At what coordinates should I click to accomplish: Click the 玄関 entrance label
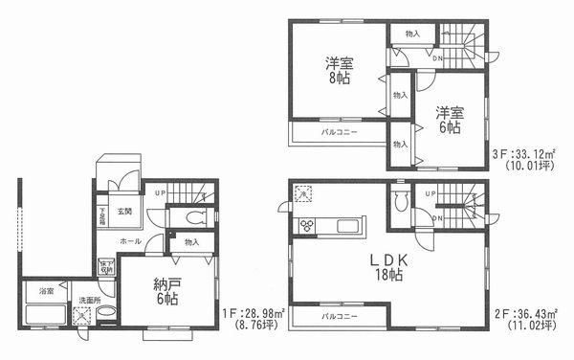tap(125, 210)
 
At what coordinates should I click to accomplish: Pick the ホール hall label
tap(131, 241)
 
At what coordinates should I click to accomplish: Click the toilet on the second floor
tap(400, 202)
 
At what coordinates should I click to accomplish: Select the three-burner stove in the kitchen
tap(308, 226)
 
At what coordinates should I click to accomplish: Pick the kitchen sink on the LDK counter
tap(346, 226)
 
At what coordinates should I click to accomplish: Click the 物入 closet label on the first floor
tap(191, 243)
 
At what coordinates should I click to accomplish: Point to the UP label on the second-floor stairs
tap(433, 194)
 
